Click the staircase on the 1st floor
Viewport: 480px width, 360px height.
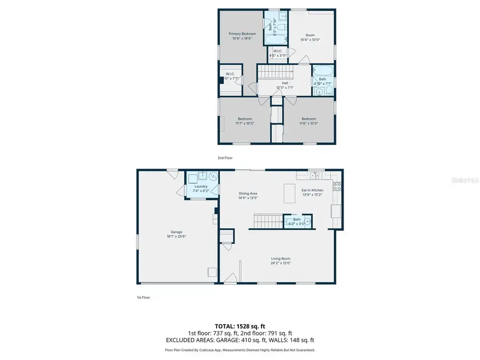point(266,220)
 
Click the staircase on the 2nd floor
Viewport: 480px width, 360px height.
point(275,72)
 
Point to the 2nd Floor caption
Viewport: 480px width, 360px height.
point(225,158)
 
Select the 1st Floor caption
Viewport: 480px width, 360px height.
point(142,297)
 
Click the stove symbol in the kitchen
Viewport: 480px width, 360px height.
point(337,186)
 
